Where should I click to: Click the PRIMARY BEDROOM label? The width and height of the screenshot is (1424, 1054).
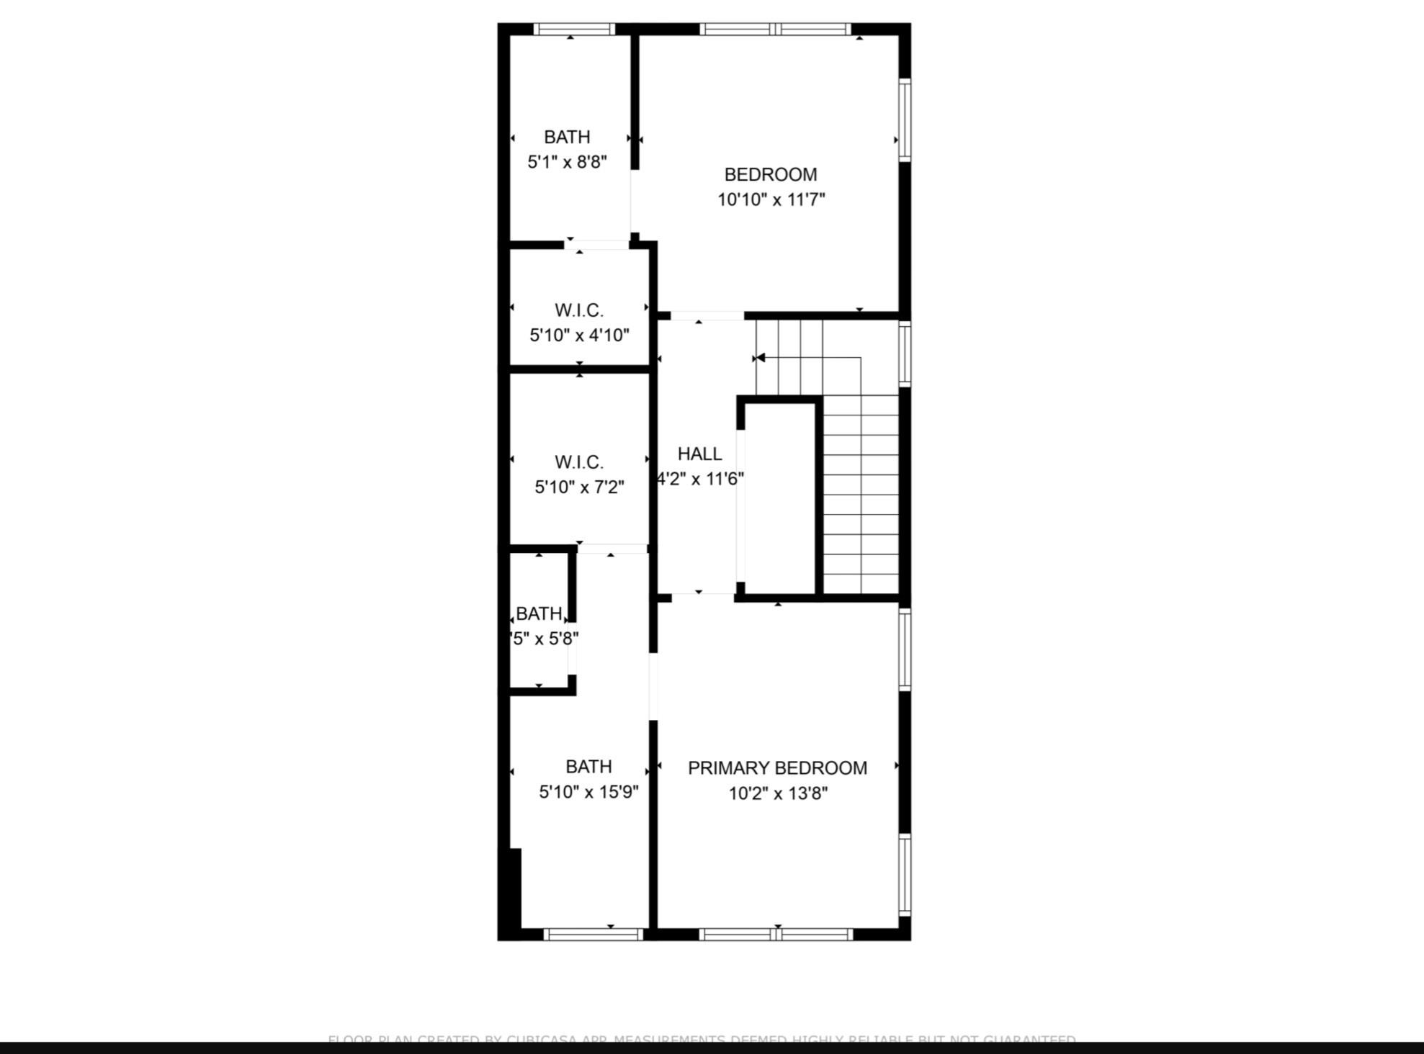click(777, 768)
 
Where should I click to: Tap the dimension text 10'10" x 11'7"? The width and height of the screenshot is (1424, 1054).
click(771, 199)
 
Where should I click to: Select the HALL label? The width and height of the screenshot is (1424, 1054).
click(699, 454)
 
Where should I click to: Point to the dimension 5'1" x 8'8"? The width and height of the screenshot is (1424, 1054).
click(567, 162)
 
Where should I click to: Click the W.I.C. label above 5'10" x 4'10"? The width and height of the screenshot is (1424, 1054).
click(579, 310)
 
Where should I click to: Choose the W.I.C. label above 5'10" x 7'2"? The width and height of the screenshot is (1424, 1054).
click(579, 462)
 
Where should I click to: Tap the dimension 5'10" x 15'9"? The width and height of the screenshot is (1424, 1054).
click(588, 792)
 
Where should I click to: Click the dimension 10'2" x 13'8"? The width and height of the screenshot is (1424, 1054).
click(778, 793)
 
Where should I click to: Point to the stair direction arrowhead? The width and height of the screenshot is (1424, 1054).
click(759, 358)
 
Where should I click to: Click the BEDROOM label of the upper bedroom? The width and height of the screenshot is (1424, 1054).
click(771, 175)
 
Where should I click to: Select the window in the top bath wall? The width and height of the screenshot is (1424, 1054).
click(574, 30)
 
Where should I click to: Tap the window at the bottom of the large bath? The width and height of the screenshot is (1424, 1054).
click(593, 934)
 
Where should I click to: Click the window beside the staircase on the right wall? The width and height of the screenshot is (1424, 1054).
click(905, 353)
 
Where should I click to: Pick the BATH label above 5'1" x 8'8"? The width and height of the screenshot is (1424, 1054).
click(567, 137)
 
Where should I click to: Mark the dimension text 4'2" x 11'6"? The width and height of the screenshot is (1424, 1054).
click(700, 479)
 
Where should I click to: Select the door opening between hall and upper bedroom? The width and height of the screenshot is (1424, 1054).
click(707, 316)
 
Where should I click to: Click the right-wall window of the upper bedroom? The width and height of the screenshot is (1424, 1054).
click(905, 120)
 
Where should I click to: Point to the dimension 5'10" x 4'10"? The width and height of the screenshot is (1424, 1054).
click(579, 335)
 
